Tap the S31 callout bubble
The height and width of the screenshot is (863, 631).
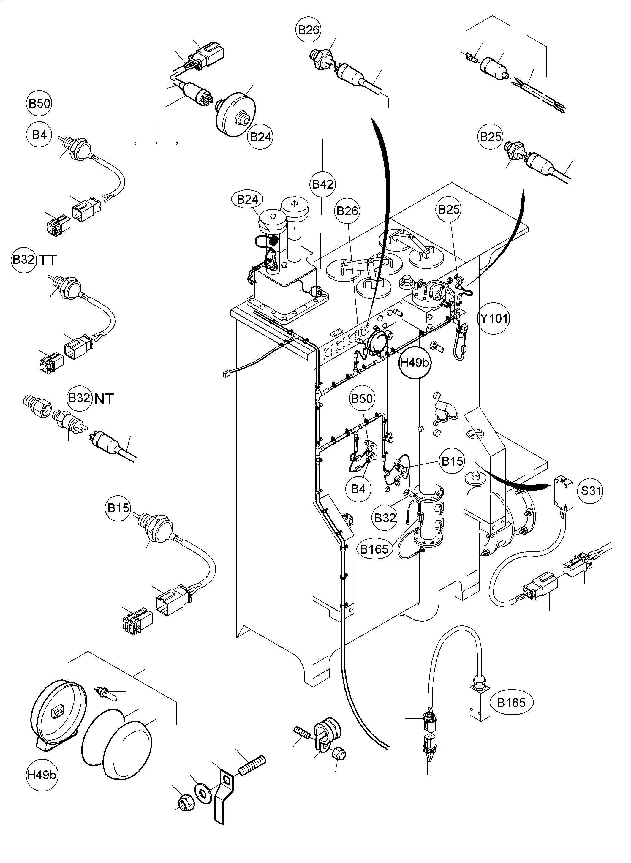591,490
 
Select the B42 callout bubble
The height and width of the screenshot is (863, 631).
323,184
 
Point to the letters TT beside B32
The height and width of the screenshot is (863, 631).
48,260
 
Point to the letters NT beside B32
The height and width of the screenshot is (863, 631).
104,399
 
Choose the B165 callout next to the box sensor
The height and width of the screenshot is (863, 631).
511,702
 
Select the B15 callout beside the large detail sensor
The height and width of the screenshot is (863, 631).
118,508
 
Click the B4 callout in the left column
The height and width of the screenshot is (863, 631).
39,135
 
